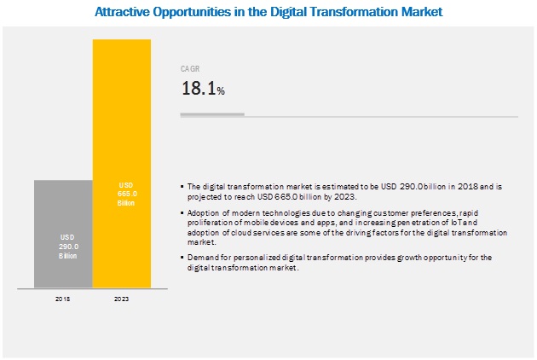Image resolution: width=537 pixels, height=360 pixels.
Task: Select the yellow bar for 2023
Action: coord(121,163)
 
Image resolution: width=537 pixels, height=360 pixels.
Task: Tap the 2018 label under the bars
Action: coord(63,299)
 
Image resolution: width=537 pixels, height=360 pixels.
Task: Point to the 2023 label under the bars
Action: coord(121,299)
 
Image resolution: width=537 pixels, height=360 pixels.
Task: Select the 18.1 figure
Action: coord(197,87)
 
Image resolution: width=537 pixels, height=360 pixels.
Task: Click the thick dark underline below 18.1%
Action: coord(211,113)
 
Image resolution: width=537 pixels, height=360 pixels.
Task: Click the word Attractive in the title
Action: coord(119,13)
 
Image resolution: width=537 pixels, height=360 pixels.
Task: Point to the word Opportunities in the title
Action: coord(192,13)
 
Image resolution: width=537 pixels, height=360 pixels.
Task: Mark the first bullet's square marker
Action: coord(182,186)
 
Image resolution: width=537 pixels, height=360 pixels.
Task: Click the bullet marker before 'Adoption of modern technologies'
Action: coord(182,210)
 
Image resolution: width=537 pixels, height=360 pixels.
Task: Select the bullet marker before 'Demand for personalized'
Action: coord(182,257)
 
